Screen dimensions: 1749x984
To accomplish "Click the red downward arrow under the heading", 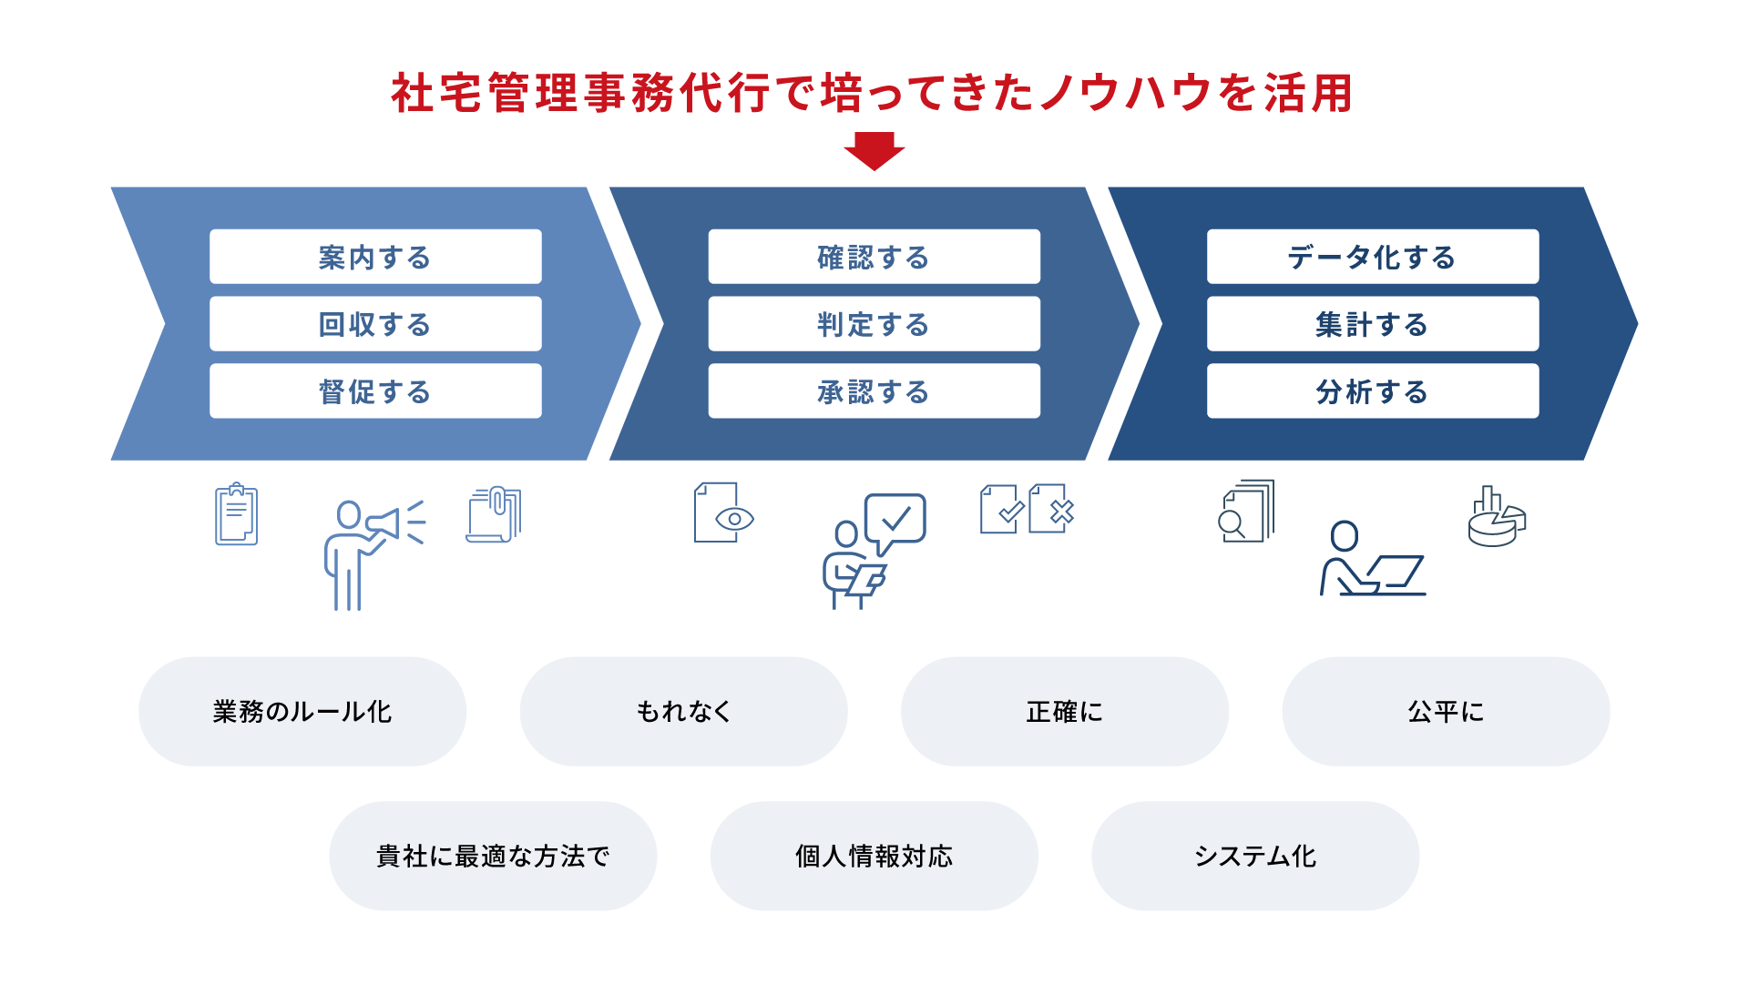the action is click(x=874, y=151).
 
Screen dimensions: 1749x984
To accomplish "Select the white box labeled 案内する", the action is click(x=375, y=257).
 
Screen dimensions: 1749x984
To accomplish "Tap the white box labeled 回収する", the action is click(x=375, y=324).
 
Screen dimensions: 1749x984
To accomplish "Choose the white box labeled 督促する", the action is click(x=375, y=391).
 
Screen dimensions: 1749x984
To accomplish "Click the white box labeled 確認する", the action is click(x=874, y=257).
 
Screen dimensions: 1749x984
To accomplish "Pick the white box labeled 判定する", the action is click(x=874, y=324).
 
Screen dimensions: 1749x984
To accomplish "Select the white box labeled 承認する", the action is click(x=874, y=391).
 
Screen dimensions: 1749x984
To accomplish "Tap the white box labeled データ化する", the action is click(x=1373, y=257).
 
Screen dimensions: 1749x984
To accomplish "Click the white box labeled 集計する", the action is click(x=1373, y=324).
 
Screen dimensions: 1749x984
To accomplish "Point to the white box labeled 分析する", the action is click(x=1373, y=391).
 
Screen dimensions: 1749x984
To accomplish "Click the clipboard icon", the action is click(x=237, y=514).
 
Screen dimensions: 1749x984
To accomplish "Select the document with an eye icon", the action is click(x=724, y=512).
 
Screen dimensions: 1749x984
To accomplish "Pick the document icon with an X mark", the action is click(x=1052, y=509).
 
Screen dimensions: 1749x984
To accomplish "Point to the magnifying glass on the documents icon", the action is click(x=1232, y=524).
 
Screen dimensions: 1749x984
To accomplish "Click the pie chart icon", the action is click(x=1497, y=517).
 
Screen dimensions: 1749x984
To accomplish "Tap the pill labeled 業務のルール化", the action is click(x=302, y=712).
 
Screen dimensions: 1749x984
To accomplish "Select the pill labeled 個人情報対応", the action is click(x=874, y=857).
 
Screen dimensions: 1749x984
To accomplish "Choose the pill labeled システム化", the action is click(x=1255, y=857).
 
